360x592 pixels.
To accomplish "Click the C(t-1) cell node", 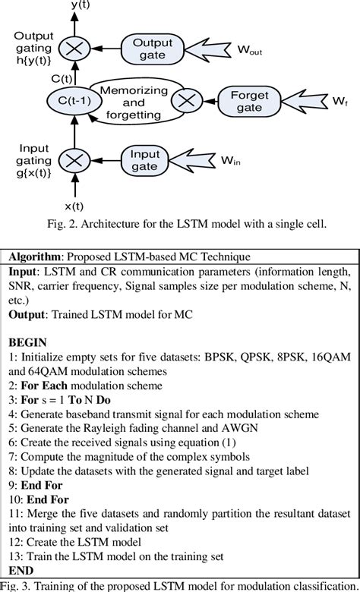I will (x=74, y=100).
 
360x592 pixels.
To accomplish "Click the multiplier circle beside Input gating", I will (x=74, y=160).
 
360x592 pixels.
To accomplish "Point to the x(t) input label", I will (x=74, y=205).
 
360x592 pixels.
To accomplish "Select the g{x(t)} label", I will (x=32, y=172).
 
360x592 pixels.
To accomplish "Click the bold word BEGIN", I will (x=29, y=342).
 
